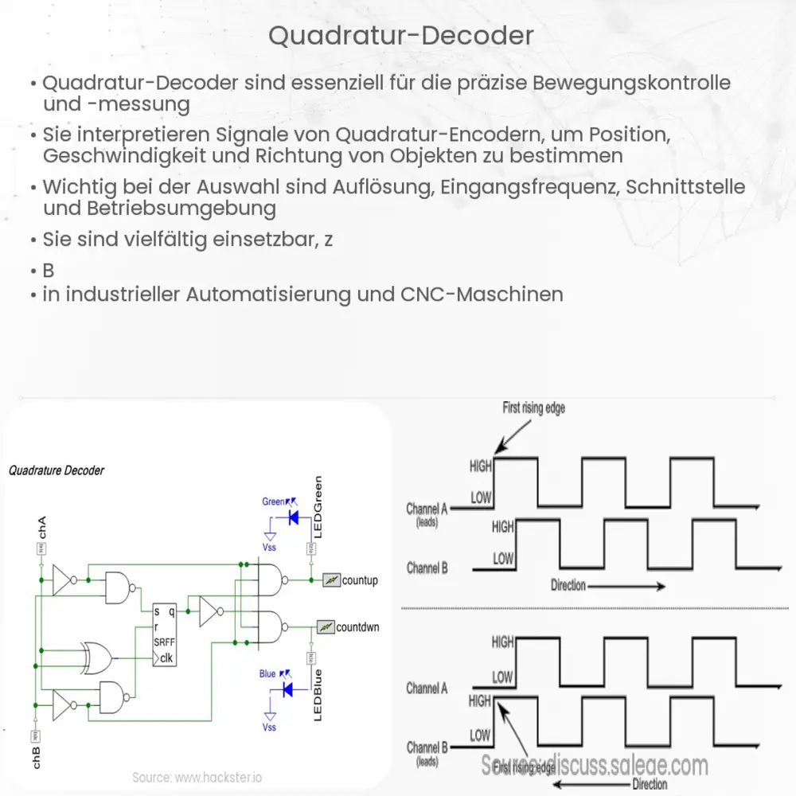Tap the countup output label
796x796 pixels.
pos(359,580)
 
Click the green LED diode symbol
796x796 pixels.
pos(292,517)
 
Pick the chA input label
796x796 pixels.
pos(42,526)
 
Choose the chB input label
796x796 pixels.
pos(36,757)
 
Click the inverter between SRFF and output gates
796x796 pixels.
pos(211,612)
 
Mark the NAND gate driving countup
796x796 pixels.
pos(270,580)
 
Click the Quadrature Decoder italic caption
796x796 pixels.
pos(57,470)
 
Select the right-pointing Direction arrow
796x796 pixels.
pos(628,587)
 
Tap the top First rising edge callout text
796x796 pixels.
pos(533,409)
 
